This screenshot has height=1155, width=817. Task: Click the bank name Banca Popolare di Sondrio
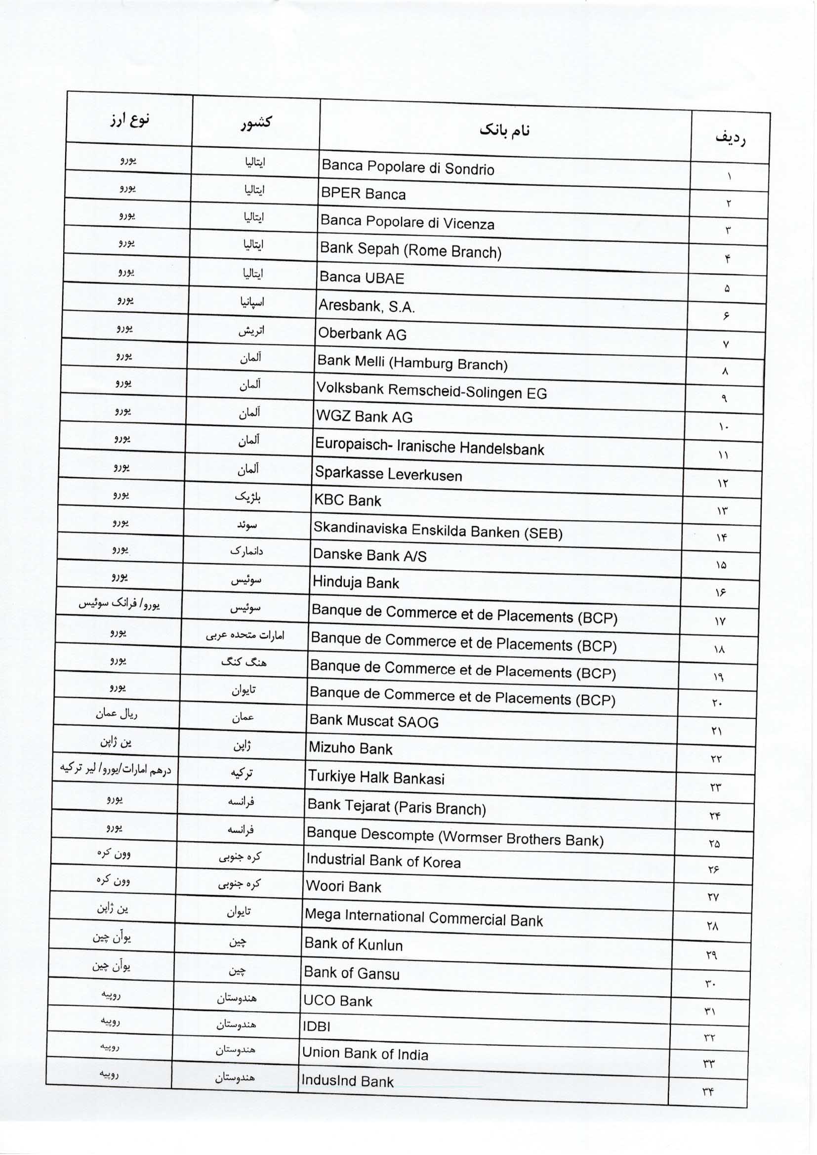[x=408, y=167]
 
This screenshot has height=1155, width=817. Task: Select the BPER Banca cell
[x=363, y=194]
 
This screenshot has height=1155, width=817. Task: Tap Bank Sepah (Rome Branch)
[x=410, y=250]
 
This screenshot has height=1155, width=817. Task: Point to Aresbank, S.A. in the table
[x=366, y=306]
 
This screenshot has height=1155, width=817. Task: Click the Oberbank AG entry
[x=362, y=334]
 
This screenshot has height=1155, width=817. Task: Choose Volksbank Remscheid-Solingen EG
[x=431, y=390]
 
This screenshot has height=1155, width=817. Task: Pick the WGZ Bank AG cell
[x=364, y=416]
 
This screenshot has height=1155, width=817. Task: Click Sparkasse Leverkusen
[x=388, y=474]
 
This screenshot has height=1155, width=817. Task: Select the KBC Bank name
[x=348, y=500]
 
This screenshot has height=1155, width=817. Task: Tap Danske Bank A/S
[x=370, y=555]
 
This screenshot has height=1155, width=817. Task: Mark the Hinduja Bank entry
[x=356, y=582]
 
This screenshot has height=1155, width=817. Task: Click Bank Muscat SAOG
[x=374, y=721]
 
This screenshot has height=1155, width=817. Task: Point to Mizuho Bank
[x=350, y=748]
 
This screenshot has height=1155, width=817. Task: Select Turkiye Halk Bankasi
[x=376, y=777]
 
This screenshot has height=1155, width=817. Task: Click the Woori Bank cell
[x=344, y=886]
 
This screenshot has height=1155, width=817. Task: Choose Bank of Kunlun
[x=353, y=944]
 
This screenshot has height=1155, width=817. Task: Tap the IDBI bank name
[x=317, y=1026]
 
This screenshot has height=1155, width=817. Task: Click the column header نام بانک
[x=505, y=130]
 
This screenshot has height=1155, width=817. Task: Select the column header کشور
[x=256, y=122]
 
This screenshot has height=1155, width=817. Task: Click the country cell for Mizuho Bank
[x=242, y=745]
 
